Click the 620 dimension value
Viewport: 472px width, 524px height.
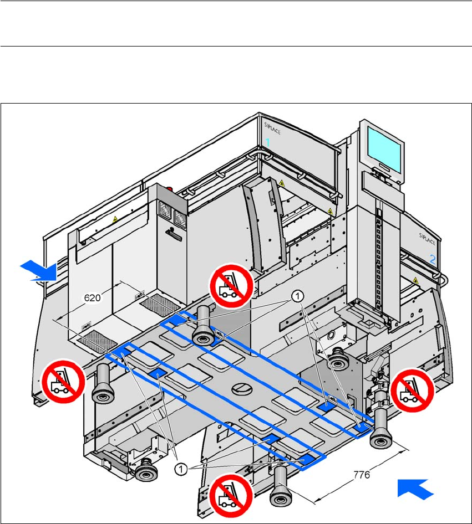[92, 298]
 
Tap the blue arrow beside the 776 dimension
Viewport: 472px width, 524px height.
[415, 490]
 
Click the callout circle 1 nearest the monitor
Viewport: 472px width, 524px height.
[296, 297]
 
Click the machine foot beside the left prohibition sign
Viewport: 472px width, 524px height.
[103, 387]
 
